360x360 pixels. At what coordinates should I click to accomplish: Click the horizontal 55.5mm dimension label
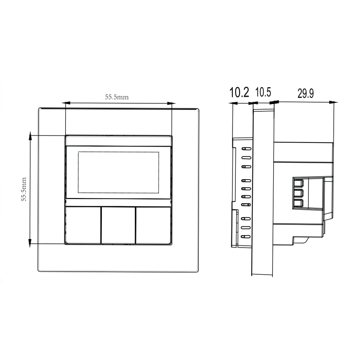point(117,97)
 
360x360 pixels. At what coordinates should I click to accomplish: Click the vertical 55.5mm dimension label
point(24,189)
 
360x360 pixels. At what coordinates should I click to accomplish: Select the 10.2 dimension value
point(239,92)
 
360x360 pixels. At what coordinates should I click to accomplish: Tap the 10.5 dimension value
point(263,92)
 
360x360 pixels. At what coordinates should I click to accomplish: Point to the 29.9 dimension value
point(306,93)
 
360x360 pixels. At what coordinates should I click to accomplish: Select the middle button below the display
point(118,225)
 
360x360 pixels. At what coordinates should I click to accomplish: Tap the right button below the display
point(153,225)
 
